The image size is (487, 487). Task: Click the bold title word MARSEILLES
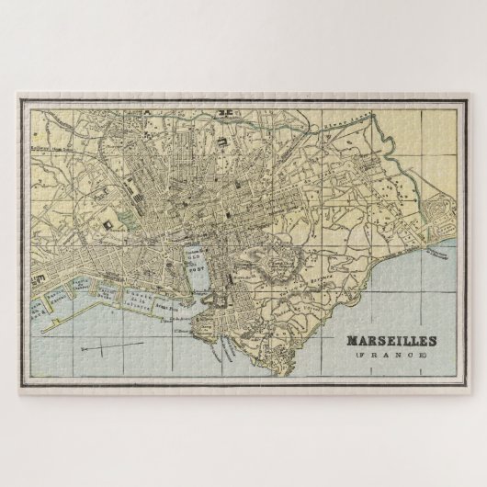tap(391, 340)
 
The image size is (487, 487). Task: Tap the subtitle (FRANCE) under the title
tap(391, 354)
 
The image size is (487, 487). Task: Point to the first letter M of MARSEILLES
tap(351, 340)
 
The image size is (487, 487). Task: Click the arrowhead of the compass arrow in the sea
tap(82, 350)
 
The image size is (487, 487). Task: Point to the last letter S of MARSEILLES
tap(432, 340)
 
